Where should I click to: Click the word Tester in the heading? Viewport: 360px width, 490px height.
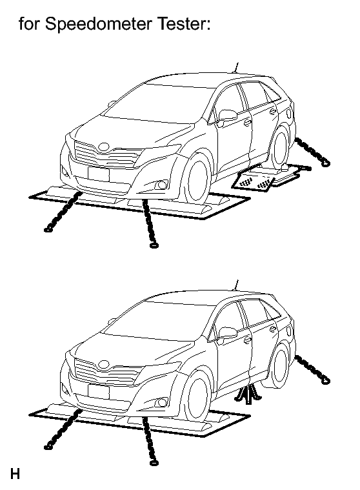pos(183,23)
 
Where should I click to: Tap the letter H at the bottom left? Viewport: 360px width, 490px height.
pos(15,474)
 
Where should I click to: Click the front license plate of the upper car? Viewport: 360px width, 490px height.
pos(99,174)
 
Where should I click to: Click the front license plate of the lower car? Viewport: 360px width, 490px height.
pos(99,392)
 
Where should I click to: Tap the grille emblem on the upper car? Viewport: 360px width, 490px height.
pos(104,147)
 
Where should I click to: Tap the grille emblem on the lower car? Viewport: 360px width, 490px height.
pos(104,364)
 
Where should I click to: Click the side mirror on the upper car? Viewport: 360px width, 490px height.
pos(227,115)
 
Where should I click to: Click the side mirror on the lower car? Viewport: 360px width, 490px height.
pos(227,333)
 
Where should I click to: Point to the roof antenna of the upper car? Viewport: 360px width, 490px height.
pos(236,68)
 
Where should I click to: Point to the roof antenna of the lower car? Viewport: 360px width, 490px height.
pos(236,285)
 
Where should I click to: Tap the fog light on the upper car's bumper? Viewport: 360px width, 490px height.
pos(161,185)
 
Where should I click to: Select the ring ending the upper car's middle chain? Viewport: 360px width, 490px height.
pos(154,245)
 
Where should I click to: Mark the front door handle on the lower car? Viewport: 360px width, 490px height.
pos(248,339)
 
